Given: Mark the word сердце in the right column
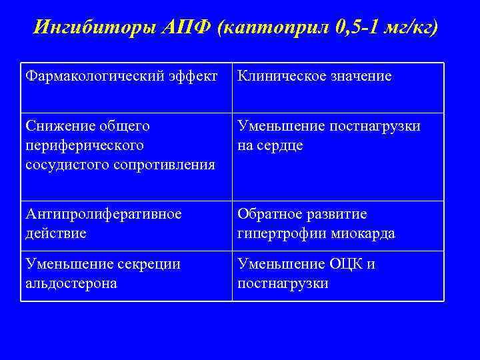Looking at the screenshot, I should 280,145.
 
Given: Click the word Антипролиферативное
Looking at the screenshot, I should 103,215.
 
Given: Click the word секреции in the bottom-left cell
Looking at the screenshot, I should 150,264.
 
